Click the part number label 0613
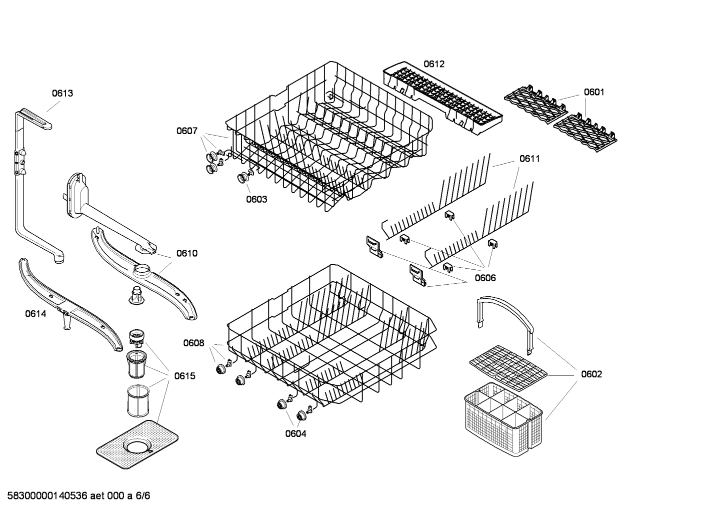(x=62, y=93)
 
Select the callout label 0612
(x=433, y=64)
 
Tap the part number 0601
(x=594, y=92)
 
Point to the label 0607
(x=186, y=131)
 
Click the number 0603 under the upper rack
(x=256, y=199)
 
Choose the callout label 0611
(x=529, y=159)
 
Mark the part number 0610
(x=187, y=253)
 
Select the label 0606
(x=485, y=278)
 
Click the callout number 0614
(x=35, y=314)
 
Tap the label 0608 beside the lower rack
(x=193, y=343)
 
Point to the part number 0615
(x=184, y=376)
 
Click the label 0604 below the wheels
(x=295, y=433)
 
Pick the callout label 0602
(x=591, y=374)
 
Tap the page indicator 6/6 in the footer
(x=143, y=496)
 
